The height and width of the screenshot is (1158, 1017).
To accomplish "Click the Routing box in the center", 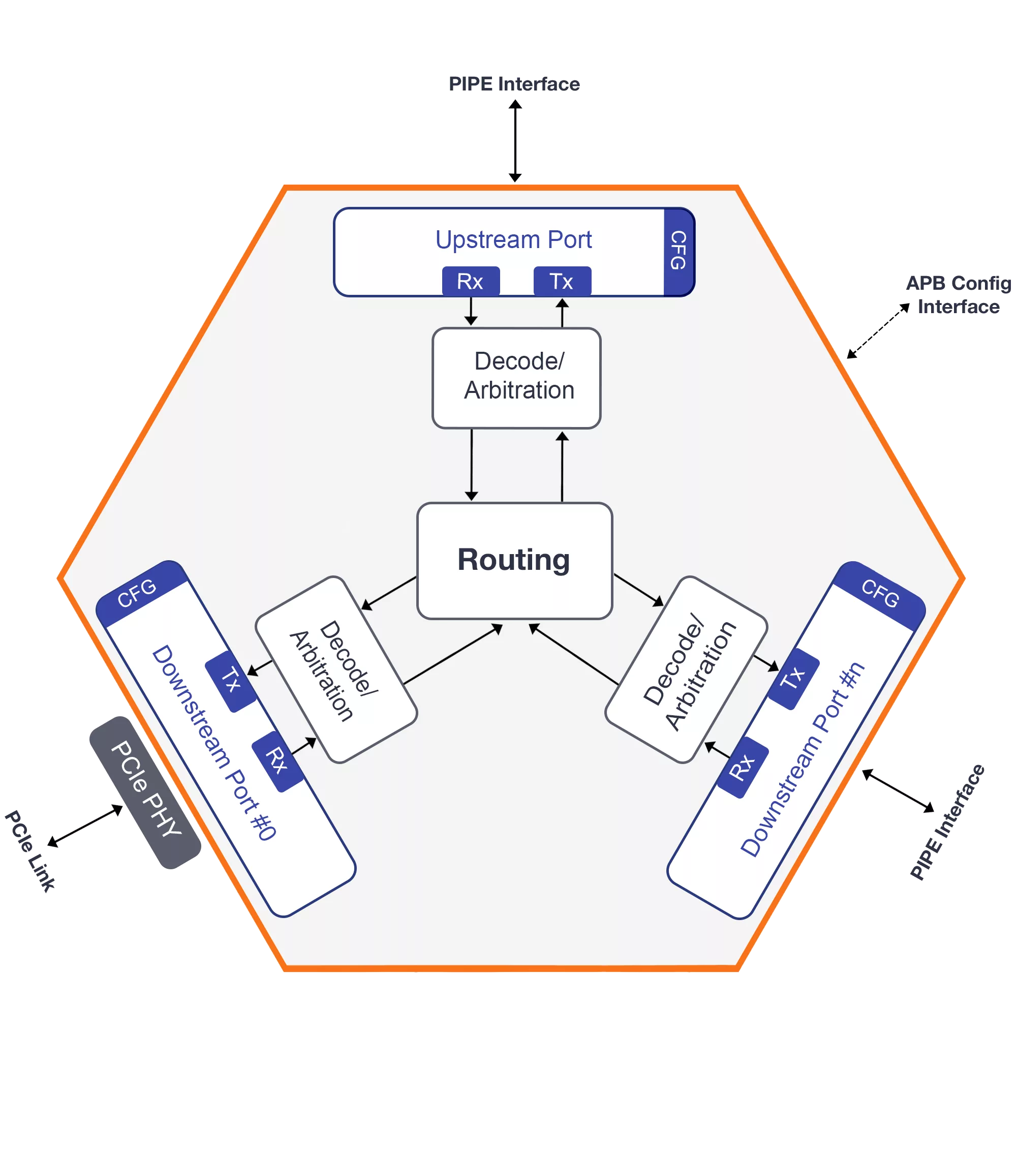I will [x=514, y=560].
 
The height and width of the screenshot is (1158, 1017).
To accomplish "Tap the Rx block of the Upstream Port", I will [x=470, y=281].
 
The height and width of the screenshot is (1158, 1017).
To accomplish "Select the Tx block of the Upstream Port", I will [x=562, y=281].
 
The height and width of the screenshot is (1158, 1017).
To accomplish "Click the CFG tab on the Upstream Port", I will [x=678, y=252].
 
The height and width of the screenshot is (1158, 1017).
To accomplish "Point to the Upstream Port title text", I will [x=513, y=239].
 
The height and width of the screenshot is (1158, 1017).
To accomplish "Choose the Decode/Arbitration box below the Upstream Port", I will [x=516, y=377].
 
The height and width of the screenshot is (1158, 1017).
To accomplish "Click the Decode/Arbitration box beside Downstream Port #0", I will [x=336, y=669].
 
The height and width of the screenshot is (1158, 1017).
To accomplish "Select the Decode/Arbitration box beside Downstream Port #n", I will [x=687, y=669].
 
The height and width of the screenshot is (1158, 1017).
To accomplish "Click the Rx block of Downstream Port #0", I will [x=277, y=761].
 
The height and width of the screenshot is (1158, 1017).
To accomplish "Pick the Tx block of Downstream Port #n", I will [x=793, y=678].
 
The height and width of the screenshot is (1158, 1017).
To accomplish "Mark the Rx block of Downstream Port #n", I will [x=743, y=767].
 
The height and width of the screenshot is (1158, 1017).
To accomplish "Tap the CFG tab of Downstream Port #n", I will [x=880, y=594].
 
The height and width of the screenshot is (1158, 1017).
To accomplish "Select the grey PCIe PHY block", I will [x=145, y=792].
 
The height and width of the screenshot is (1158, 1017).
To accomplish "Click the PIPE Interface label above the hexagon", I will [x=514, y=84].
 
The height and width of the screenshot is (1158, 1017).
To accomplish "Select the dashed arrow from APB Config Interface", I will [x=878, y=331].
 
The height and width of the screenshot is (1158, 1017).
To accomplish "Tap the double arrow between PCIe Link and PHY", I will [x=84, y=827].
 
